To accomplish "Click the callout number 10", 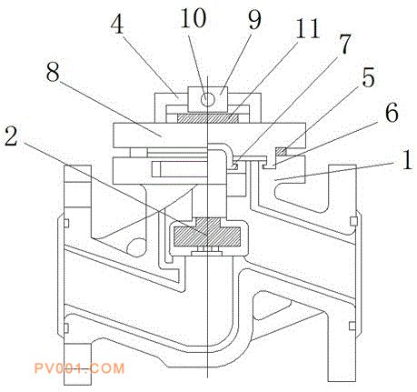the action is (193, 18).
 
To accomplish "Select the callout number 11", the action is (307, 29).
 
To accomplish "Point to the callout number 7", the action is (344, 45).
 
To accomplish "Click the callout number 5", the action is (368, 76).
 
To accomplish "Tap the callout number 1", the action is (407, 159).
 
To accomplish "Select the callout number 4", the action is (117, 24).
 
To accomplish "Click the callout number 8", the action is (53, 72).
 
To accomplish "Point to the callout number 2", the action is (11, 137).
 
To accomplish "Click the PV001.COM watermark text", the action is (79, 368).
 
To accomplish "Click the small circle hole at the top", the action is (207, 99).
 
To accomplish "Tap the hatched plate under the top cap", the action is (207, 118).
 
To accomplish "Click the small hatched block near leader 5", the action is (282, 151).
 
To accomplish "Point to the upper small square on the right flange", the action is (353, 221).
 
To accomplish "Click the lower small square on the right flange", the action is (352, 326).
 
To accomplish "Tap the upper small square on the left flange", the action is (66, 223).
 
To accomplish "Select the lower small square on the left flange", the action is (65, 327).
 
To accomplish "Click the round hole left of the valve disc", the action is (135, 246).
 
